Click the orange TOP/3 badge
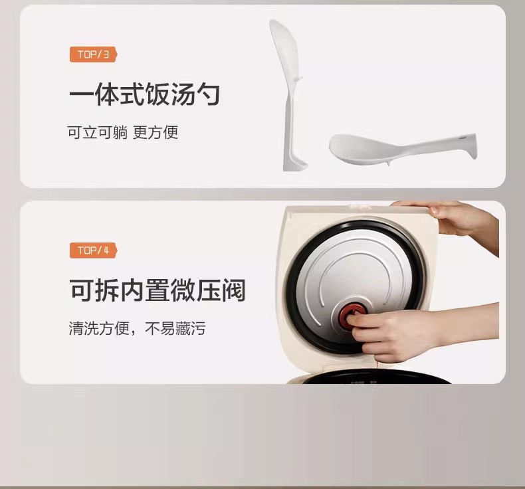tap(94, 54)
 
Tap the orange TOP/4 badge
tap(94, 250)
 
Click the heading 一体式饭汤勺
tap(145, 94)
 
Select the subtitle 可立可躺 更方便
tap(122, 132)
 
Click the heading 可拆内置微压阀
tap(157, 290)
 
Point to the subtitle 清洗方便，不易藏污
tap(137, 328)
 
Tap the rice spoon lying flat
tap(403, 148)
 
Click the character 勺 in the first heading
tap(208, 94)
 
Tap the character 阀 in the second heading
tap(234, 290)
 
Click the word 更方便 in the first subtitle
tap(156, 132)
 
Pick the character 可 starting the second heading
tap(82, 290)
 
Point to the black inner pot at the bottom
tap(375, 377)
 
